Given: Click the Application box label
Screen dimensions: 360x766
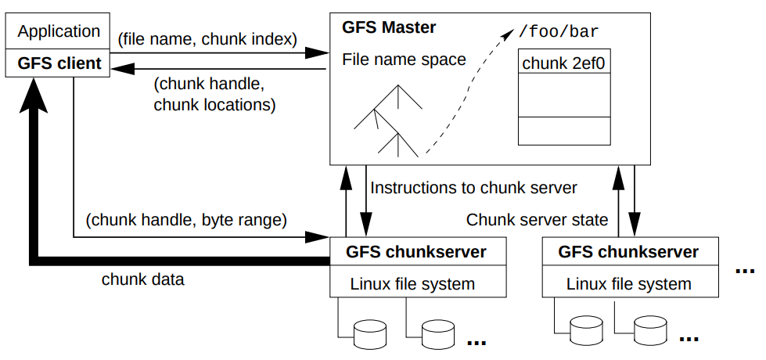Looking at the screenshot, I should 59,32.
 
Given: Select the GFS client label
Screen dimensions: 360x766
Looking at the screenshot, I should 59,63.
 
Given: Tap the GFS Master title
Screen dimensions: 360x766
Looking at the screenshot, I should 389,28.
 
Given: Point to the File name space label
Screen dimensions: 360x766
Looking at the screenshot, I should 404,59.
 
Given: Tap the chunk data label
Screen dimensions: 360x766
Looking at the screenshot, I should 143,279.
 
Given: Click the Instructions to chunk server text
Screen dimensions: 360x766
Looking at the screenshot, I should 473,188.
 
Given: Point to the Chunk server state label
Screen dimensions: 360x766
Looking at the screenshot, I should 537,220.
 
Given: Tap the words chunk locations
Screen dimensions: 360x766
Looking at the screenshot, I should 214,103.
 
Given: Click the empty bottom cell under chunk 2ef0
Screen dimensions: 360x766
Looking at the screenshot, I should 563,130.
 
